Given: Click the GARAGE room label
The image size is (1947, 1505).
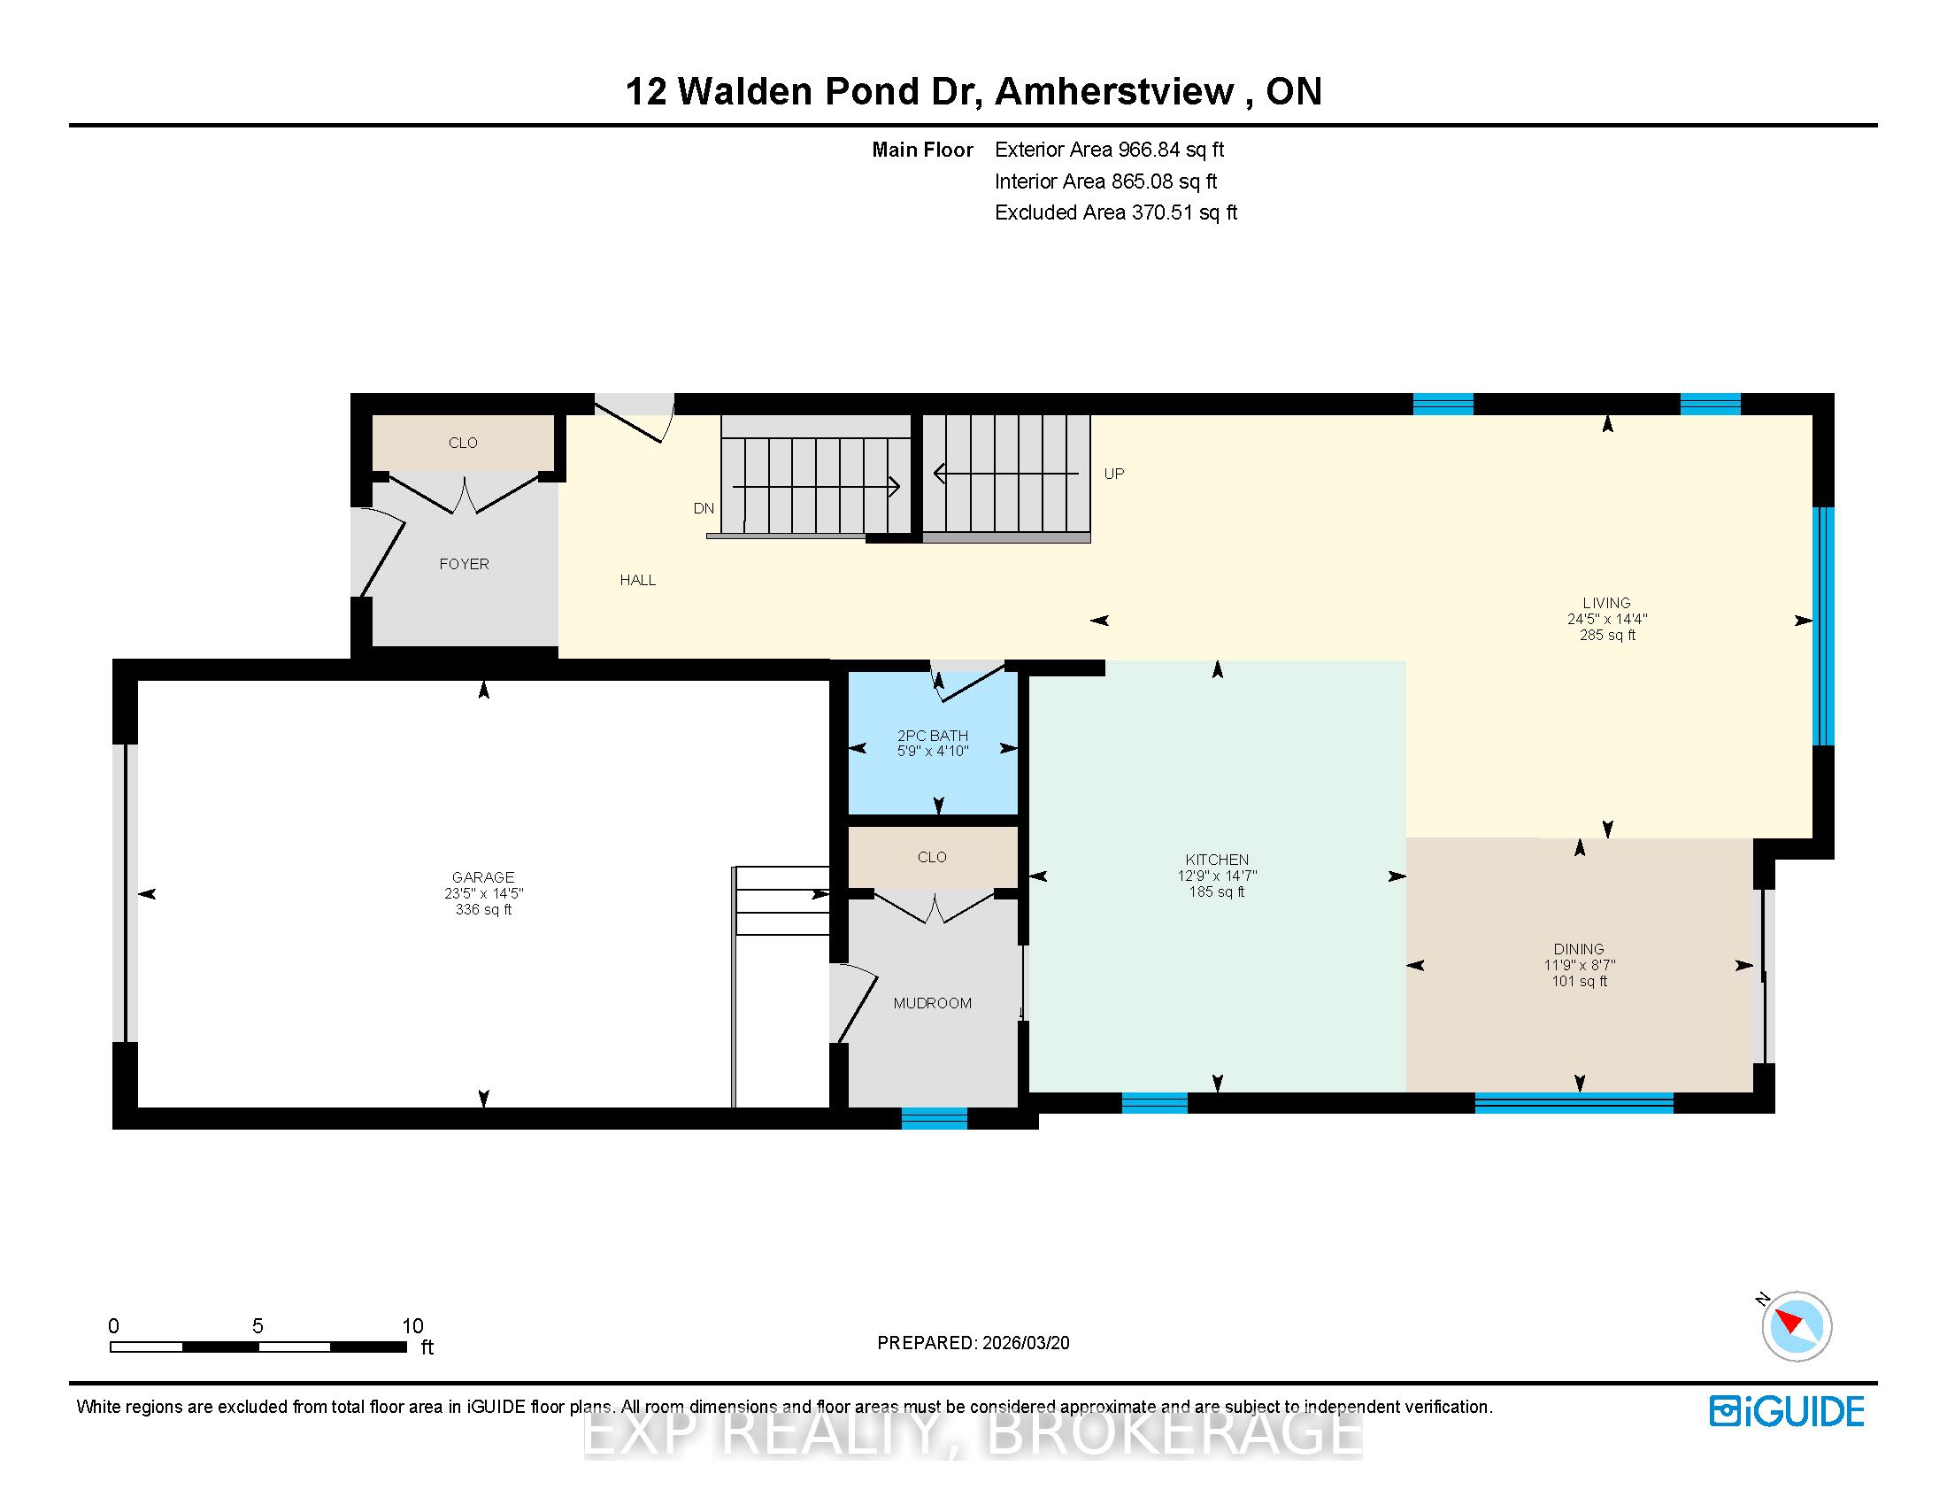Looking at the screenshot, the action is (x=483, y=877).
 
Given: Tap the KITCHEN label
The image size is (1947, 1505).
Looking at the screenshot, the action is (x=1217, y=860).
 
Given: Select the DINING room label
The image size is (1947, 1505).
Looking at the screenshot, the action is (x=1579, y=950).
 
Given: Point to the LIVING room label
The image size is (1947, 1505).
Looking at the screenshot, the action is (x=1606, y=603).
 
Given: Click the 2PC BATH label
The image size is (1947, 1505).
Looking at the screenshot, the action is (x=933, y=736).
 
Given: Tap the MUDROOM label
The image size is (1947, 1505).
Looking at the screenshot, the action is (x=933, y=1003).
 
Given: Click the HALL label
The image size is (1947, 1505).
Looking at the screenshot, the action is (x=638, y=581).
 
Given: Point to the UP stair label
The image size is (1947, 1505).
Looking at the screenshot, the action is (x=1114, y=474).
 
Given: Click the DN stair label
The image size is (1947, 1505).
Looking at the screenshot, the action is (x=704, y=508).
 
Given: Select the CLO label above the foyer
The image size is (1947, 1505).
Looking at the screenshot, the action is (x=463, y=444).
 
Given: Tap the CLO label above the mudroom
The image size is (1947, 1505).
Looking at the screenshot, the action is (x=932, y=858).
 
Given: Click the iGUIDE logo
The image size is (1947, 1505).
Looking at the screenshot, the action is (x=1787, y=1411).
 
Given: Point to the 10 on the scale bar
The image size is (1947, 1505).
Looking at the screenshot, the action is (x=412, y=1326).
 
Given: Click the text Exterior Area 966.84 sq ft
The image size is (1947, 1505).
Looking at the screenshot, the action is (x=1110, y=150).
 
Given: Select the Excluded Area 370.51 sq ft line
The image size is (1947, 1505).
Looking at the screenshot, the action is (x=1116, y=212).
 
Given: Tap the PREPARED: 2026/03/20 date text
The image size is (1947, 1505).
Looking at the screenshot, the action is (x=973, y=1343).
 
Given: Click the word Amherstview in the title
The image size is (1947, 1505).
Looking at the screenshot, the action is (x=1114, y=91).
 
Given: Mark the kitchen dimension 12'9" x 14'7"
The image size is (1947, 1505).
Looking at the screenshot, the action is (x=1217, y=876).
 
